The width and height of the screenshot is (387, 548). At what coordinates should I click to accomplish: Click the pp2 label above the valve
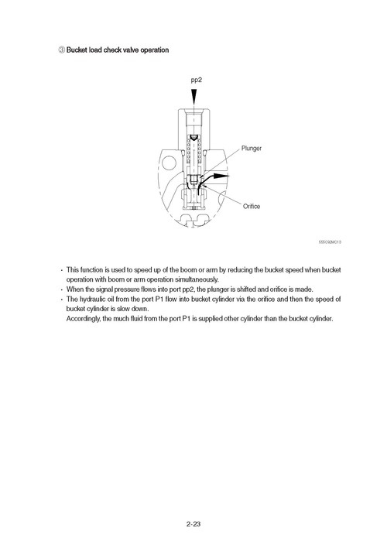tap(196, 80)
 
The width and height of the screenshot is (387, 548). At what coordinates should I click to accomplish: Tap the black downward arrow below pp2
tap(196, 97)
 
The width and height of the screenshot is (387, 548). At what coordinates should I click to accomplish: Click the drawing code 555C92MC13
tap(330, 241)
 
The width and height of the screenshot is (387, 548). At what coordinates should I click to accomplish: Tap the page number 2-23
tap(193, 525)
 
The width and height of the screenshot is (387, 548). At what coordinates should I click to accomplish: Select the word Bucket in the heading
tap(78, 50)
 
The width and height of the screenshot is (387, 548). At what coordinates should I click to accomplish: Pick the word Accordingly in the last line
tap(86, 318)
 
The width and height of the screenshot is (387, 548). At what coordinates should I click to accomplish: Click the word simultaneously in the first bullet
tap(192, 279)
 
